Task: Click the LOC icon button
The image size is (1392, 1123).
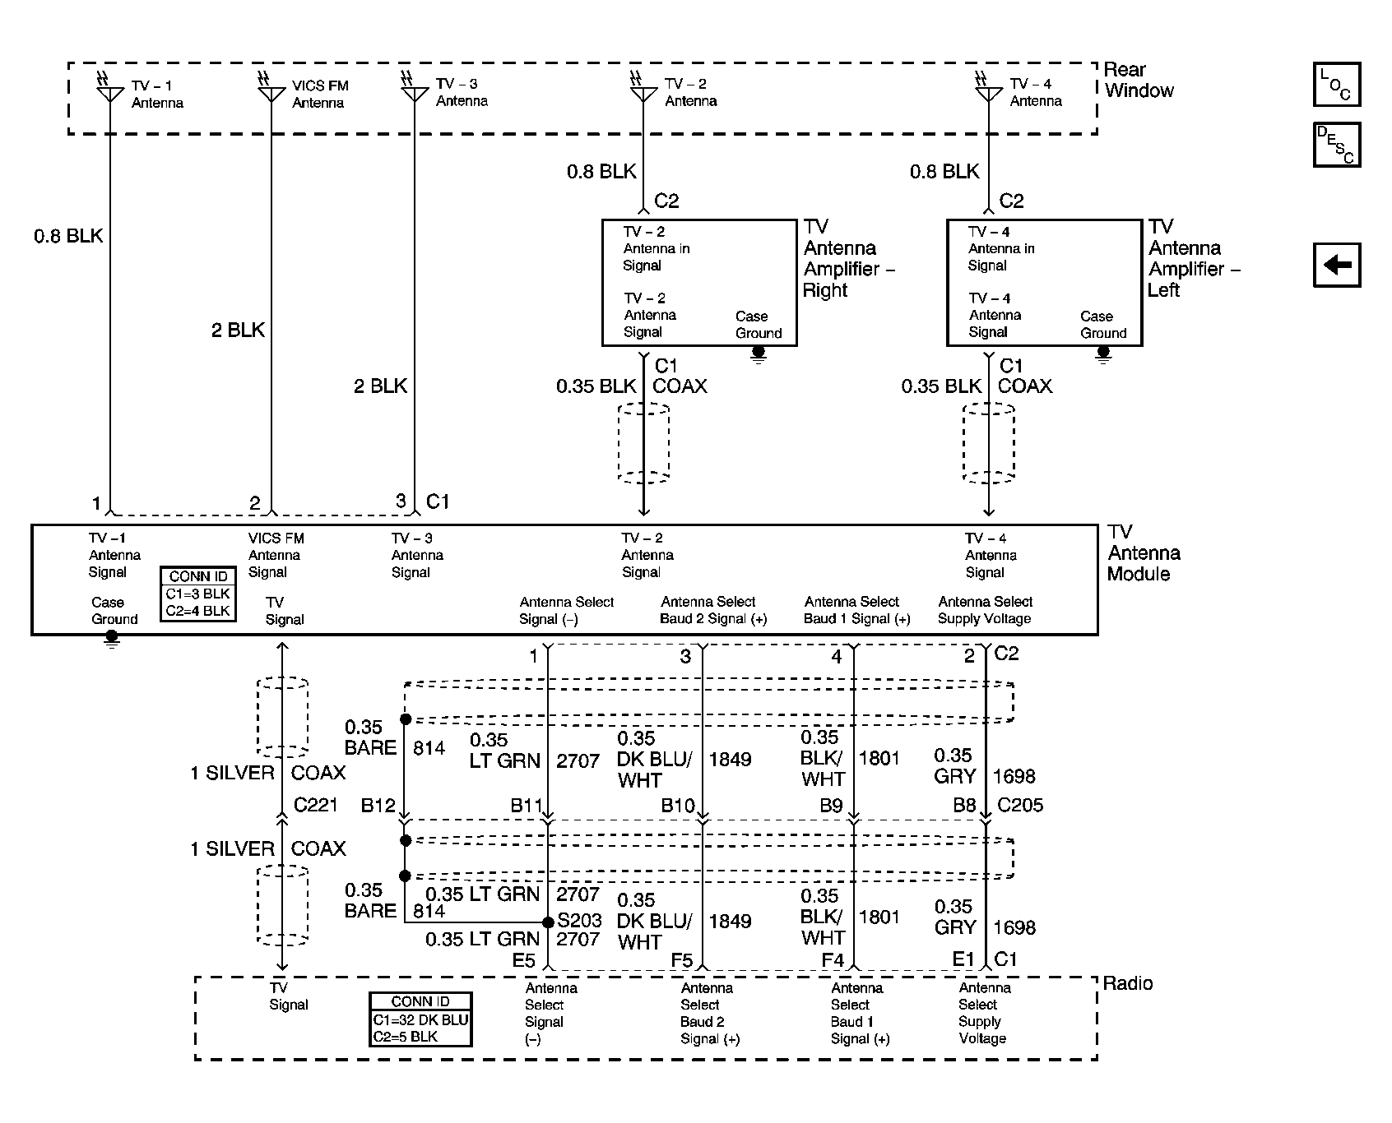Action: [x=1336, y=85]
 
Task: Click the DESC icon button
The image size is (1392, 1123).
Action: [x=1336, y=145]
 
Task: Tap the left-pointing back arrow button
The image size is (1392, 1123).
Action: [x=1336, y=265]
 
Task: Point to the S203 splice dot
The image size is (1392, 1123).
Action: [x=548, y=922]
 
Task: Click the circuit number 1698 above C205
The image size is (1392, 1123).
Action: [x=1014, y=776]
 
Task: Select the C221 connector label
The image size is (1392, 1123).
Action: [x=315, y=804]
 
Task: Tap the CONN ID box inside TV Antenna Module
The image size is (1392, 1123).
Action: [x=198, y=594]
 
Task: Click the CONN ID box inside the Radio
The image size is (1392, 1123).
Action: [x=420, y=1019]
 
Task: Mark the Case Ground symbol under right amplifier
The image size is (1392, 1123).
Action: [x=759, y=354]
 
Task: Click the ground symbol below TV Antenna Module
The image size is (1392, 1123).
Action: [x=112, y=639]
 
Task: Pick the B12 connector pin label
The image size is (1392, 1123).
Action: [x=378, y=806]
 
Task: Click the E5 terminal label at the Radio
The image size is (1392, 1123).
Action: [x=523, y=959]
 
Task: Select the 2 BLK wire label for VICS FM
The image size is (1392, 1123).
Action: [x=238, y=330]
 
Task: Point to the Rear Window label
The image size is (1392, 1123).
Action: [x=1139, y=81]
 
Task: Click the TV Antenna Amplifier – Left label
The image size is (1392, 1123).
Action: [x=1194, y=258]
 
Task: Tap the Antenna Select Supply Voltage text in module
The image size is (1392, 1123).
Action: [x=985, y=610]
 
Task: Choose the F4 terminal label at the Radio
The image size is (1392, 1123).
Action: [x=833, y=959]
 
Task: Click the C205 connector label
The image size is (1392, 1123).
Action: [x=1020, y=805]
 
